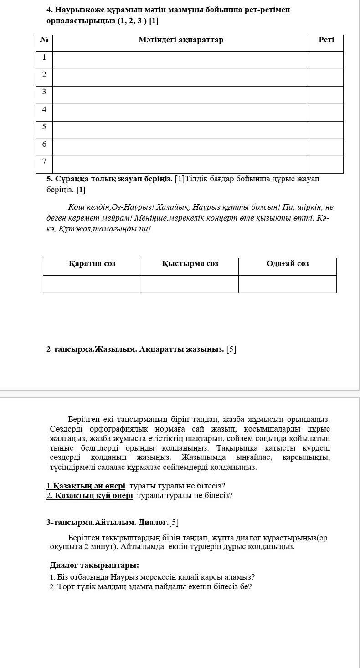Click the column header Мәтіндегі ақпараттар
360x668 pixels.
pos(181,40)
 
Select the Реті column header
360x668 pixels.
pos(326,40)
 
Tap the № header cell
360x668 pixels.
pos(44,40)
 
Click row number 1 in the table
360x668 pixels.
pos(44,57)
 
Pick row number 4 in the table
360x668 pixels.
pos(44,110)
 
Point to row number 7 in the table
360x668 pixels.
pos(44,162)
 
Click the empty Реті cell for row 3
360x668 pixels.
pos(326,95)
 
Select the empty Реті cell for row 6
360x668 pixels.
pos(326,147)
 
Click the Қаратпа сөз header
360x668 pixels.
pos(92,264)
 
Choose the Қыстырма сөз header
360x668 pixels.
pos(190,264)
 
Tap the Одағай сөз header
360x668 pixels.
pos(288,264)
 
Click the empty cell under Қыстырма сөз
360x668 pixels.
pos(190,284)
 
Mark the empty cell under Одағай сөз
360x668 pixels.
pos(288,284)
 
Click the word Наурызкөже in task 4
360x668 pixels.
pos(79,10)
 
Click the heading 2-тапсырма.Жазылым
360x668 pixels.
pos(91,349)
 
